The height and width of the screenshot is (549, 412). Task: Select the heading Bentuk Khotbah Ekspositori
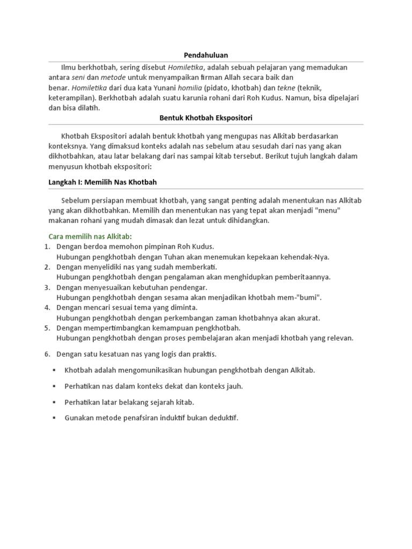[x=206, y=117]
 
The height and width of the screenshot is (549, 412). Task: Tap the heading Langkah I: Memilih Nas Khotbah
[x=102, y=182]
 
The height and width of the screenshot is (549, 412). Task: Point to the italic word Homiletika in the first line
[x=186, y=68]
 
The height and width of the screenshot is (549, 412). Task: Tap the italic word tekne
[x=288, y=87]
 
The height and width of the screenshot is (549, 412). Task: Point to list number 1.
[x=47, y=247]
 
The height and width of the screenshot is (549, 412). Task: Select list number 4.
[x=47, y=308]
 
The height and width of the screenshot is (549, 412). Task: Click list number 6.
[x=47, y=354]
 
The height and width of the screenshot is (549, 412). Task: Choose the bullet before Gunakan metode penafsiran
[x=54, y=418]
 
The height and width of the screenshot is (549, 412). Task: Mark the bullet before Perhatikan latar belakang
[x=54, y=402]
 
